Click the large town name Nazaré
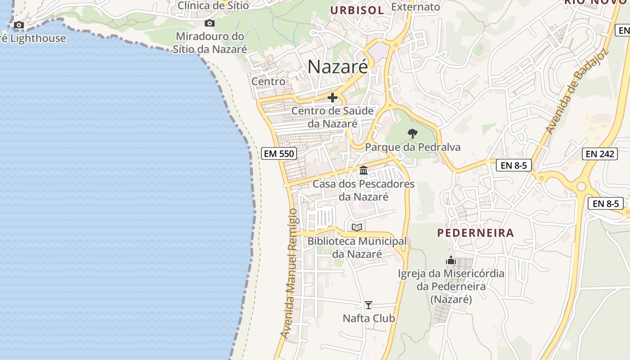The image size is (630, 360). click(x=337, y=67)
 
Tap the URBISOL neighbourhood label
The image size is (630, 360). click(x=357, y=10)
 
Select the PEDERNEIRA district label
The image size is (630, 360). click(x=476, y=233)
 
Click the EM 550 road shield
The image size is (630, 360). click(x=279, y=153)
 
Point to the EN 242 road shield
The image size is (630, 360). click(x=600, y=154)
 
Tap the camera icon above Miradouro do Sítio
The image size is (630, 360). click(x=209, y=23)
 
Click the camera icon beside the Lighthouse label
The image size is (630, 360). click(x=18, y=25)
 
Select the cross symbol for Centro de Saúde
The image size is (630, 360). click(x=333, y=97)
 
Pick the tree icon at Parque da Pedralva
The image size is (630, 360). click(x=412, y=134)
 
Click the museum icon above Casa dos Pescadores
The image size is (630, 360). click(x=364, y=171)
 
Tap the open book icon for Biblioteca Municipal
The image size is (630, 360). click(x=357, y=227)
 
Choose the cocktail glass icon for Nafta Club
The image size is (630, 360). click(x=369, y=305)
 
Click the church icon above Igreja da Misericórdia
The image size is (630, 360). click(x=451, y=260)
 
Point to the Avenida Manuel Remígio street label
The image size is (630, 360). click(x=289, y=273)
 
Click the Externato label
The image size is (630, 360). click(x=415, y=7)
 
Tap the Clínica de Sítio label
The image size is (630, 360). click(x=213, y=5)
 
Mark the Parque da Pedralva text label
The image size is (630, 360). click(x=413, y=147)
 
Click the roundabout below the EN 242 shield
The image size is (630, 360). click(x=581, y=186)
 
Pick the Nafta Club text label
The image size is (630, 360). click(x=369, y=318)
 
